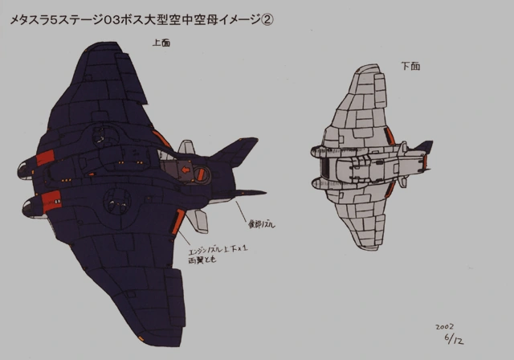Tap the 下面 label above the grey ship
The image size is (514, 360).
[x=410, y=66]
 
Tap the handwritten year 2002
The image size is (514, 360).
[x=445, y=328]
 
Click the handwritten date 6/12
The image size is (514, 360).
[x=454, y=340]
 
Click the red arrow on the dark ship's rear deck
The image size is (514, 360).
[x=187, y=170]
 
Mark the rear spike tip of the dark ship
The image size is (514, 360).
[x=264, y=192]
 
